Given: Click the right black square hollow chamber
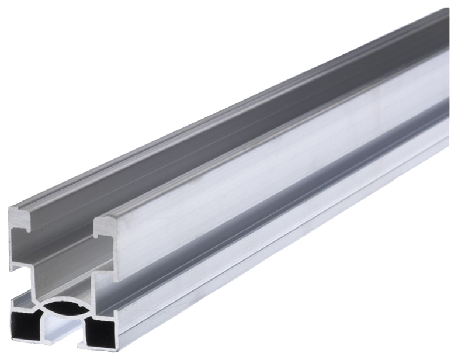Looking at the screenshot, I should click(99, 334).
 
